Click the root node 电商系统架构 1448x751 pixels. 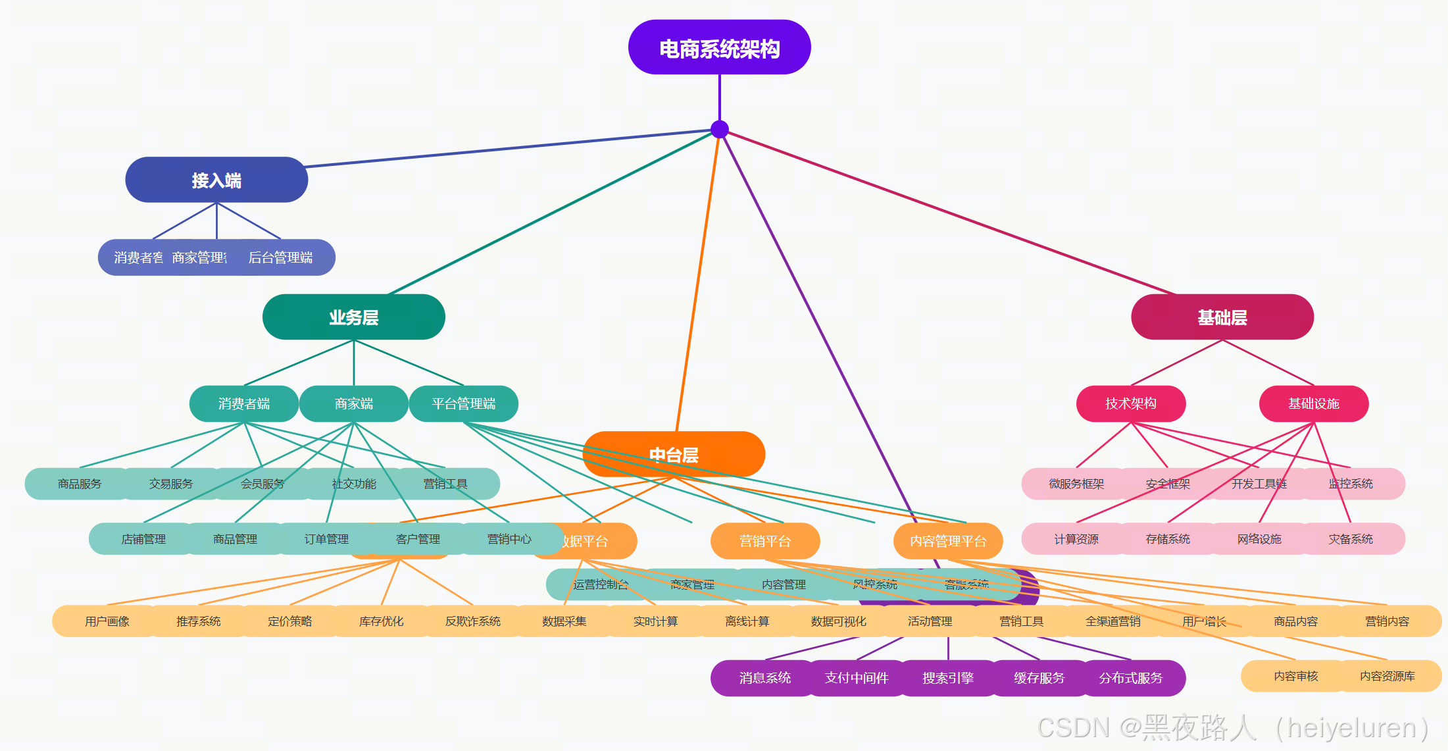[719, 47]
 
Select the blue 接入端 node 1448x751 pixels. [216, 180]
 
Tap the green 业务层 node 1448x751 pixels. [353, 317]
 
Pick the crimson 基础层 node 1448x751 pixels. [1222, 317]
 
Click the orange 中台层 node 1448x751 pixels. [674, 454]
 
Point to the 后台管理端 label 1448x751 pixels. [280, 257]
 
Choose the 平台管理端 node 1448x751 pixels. [464, 403]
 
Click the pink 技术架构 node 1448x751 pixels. [1130, 403]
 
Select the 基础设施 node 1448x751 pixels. [1313, 403]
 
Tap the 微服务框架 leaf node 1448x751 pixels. [1076, 484]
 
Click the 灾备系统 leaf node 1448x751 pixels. [1351, 539]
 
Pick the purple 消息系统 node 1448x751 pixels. [764, 678]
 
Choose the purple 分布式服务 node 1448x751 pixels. [1130, 678]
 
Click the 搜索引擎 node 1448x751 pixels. [947, 678]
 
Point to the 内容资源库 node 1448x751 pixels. [1387, 676]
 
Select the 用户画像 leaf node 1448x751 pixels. [107, 621]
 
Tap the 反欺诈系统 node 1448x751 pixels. [472, 621]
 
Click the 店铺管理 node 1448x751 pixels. [143, 539]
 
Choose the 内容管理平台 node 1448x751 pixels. [947, 541]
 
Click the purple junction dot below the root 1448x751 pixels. [720, 129]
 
